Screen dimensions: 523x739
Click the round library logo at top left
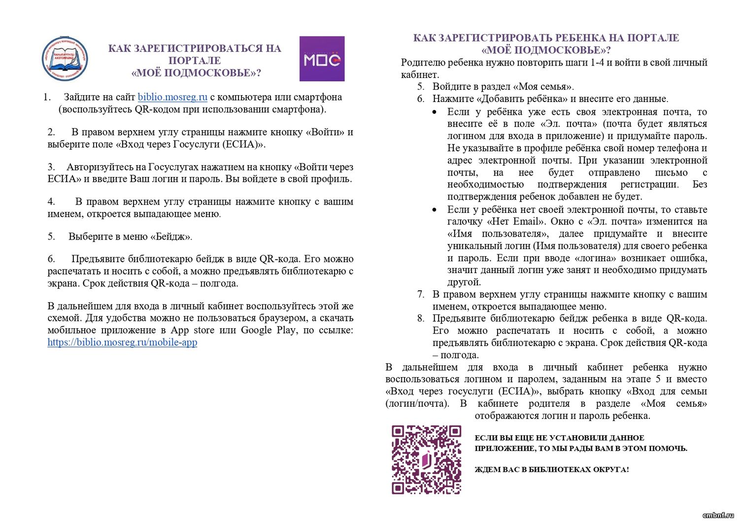(x=65, y=59)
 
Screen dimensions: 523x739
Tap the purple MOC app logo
(x=322, y=59)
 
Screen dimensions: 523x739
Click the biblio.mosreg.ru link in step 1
(x=172, y=97)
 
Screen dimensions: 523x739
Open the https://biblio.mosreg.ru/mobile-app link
(x=122, y=342)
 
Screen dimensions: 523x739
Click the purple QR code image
(x=426, y=459)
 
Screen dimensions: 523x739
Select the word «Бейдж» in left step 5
(x=170, y=237)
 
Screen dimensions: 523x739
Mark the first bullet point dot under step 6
(x=434, y=112)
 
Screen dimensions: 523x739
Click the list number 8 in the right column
(x=420, y=318)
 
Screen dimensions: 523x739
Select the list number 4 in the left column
(x=51, y=202)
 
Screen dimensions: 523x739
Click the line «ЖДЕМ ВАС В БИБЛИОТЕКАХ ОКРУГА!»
(x=551, y=470)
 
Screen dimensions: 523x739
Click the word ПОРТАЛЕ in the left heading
(x=195, y=61)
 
